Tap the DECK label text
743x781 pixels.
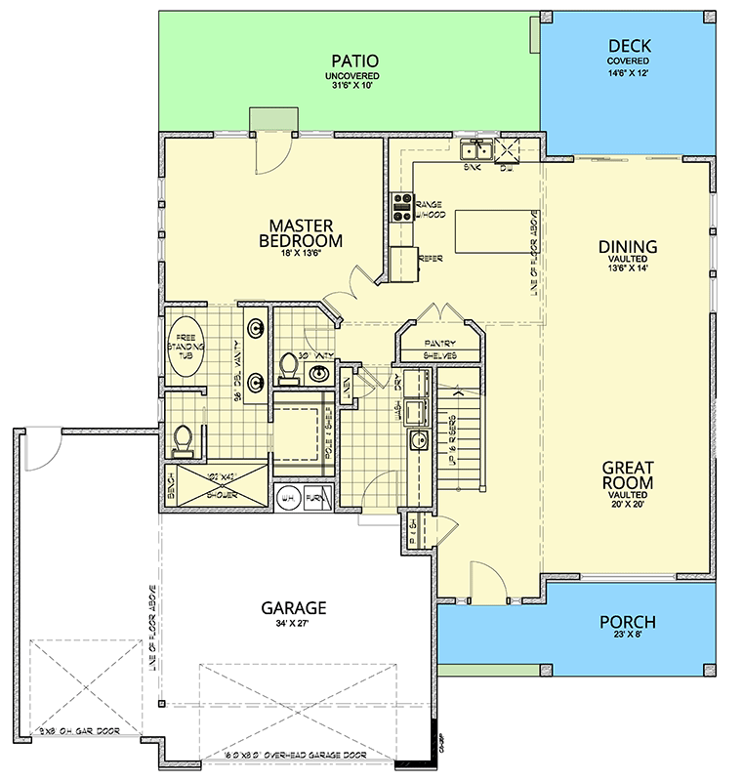point(629,46)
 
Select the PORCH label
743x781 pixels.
point(627,623)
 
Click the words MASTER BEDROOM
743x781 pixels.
point(301,232)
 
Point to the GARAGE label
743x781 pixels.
point(293,607)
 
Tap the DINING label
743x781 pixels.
point(627,247)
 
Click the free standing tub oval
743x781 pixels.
point(188,349)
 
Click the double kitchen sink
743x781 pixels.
point(476,150)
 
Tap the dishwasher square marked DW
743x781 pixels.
point(507,150)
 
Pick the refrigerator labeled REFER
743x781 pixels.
point(403,262)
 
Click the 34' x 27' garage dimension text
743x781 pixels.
point(293,626)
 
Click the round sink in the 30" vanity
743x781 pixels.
point(319,373)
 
